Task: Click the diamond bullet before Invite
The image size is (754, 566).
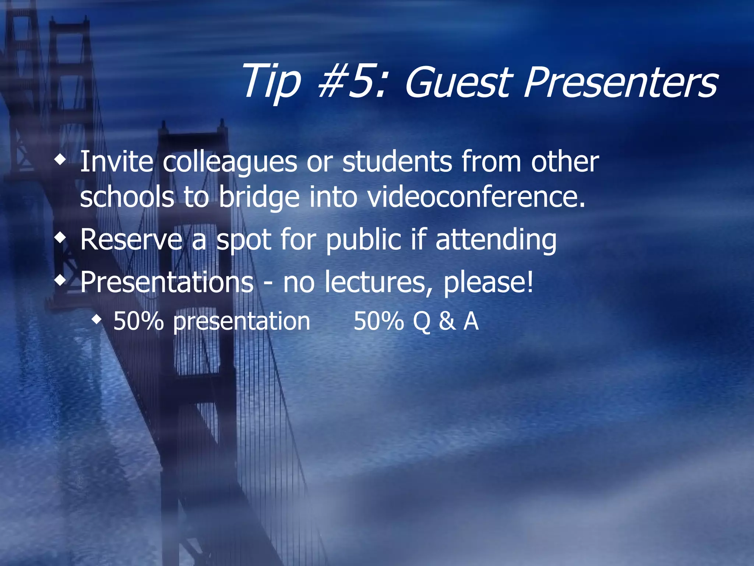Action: (x=60, y=160)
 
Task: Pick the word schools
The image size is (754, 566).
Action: (x=127, y=197)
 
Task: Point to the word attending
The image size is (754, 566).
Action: (x=496, y=240)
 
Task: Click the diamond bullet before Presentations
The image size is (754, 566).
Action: (x=60, y=280)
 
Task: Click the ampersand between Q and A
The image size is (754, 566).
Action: (x=447, y=321)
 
